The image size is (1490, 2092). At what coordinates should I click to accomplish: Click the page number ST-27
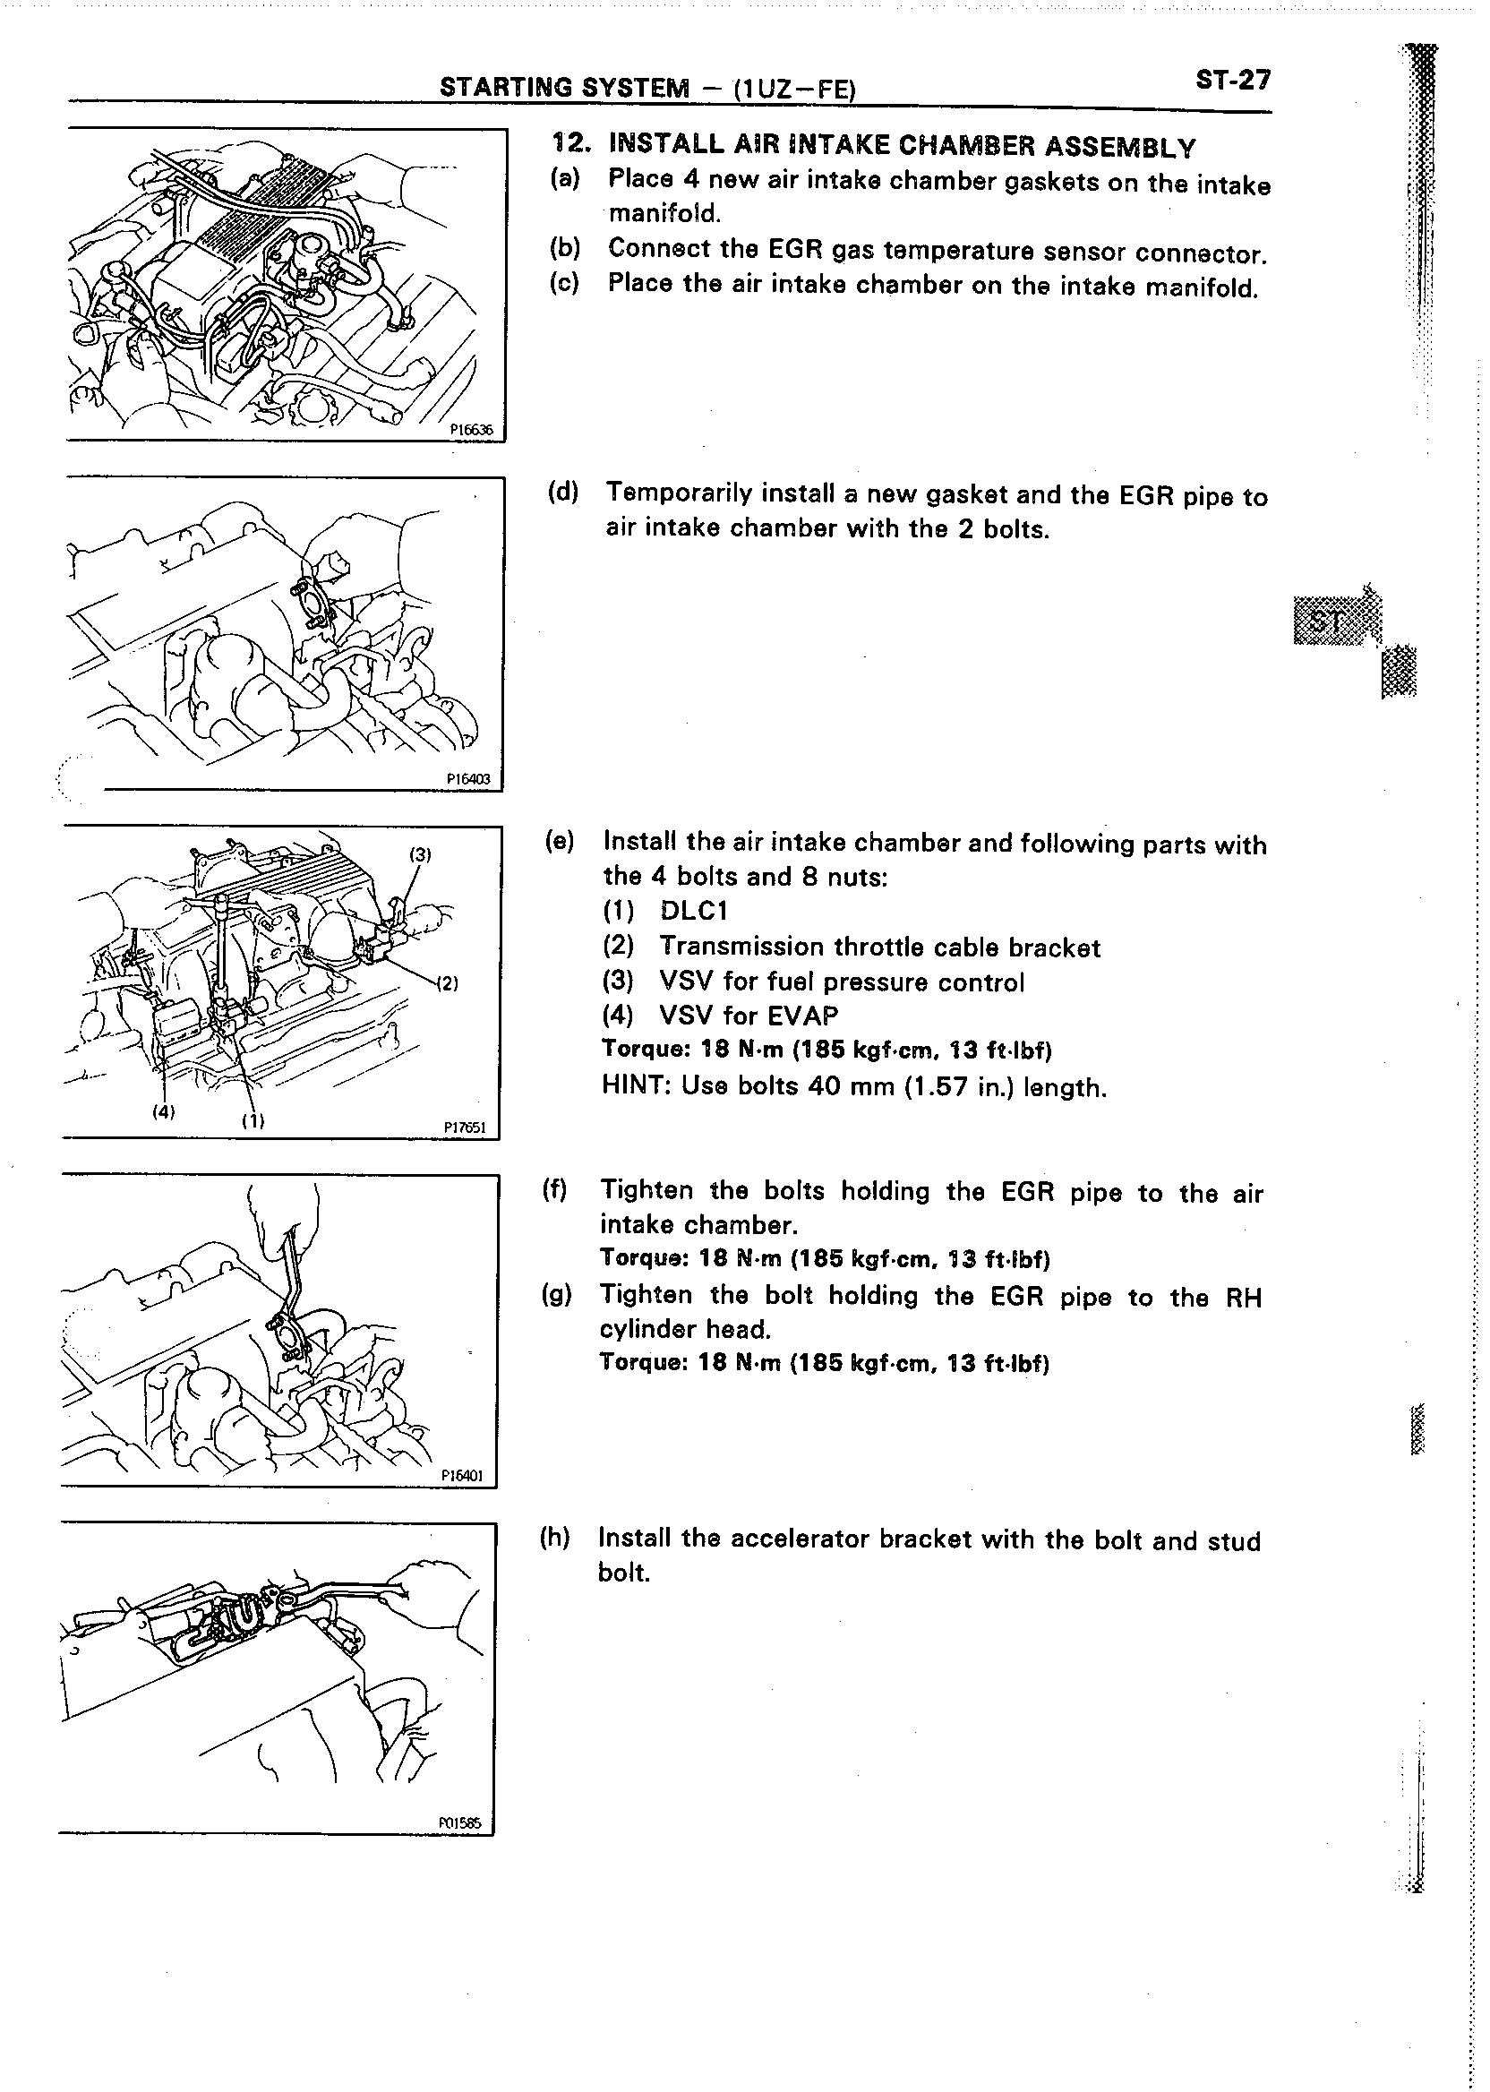(1233, 81)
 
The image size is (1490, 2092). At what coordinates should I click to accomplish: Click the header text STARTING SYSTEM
(563, 87)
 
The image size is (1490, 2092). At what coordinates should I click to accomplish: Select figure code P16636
(471, 427)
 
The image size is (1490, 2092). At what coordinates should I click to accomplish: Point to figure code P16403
(468, 779)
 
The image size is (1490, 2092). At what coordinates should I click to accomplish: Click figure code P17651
(464, 1127)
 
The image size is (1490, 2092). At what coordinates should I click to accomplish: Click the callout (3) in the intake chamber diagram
(420, 854)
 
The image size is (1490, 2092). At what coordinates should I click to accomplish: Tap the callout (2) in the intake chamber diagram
(446, 983)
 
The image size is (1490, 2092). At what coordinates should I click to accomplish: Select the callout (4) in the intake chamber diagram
(162, 1111)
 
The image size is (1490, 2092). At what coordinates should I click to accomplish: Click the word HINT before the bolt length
(633, 1086)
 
